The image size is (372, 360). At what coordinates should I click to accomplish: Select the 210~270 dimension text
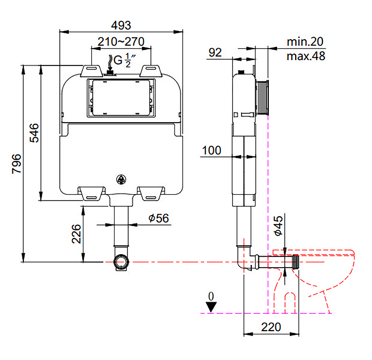121,42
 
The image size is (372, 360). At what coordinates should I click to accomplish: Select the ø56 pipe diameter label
159,218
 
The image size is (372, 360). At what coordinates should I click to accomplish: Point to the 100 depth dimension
212,149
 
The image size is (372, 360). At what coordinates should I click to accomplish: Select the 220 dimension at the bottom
271,327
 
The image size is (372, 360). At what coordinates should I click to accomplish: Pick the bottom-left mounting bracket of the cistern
93,193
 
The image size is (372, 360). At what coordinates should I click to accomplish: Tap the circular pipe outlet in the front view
121,261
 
